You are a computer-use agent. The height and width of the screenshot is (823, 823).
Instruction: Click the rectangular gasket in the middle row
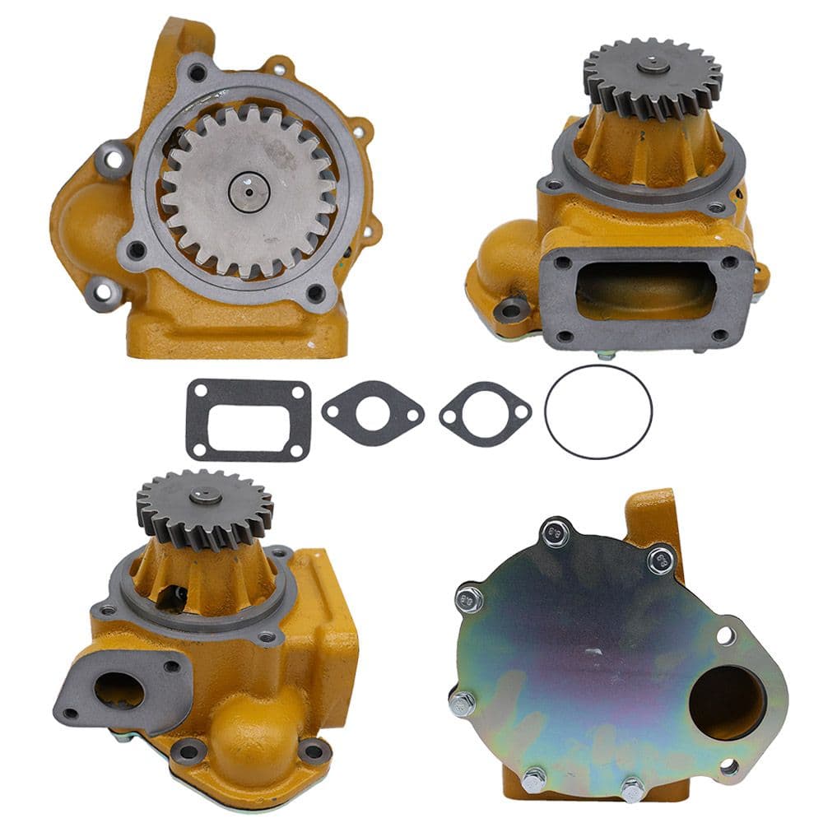pyautogui.click(x=248, y=420)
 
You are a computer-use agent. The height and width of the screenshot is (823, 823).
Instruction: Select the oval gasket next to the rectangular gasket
pyautogui.click(x=372, y=412)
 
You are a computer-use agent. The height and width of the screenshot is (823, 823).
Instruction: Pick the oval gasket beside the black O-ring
pyautogui.click(x=485, y=414)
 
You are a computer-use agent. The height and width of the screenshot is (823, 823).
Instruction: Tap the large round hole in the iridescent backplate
pyautogui.click(x=727, y=702)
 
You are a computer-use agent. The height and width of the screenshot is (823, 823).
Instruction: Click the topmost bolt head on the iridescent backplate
pyautogui.click(x=556, y=532)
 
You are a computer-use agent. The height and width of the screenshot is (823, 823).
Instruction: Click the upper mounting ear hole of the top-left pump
pyautogui.click(x=114, y=158)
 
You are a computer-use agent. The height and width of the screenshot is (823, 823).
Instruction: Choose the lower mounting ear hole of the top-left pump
pyautogui.click(x=102, y=293)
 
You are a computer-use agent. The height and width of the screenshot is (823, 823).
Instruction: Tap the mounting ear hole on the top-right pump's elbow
pyautogui.click(x=512, y=309)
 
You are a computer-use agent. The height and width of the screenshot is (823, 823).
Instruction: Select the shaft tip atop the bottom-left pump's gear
pyautogui.click(x=204, y=495)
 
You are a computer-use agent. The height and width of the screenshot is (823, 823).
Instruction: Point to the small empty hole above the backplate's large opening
pyautogui.click(x=725, y=635)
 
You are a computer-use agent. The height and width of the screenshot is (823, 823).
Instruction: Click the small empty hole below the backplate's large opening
pyautogui.click(x=728, y=767)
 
